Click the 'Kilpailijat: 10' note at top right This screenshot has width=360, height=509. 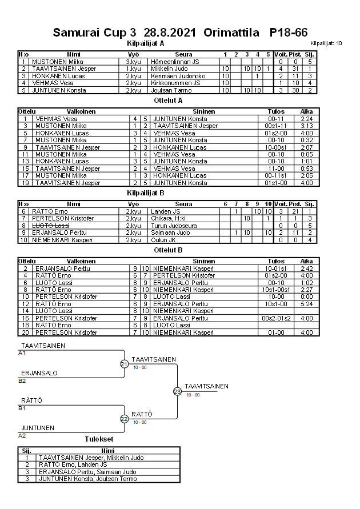pyautogui.click(x=326, y=43)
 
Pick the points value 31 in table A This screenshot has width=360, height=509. pyautogui.click(x=295, y=69)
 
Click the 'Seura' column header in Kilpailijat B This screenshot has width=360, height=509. pyautogui.click(x=183, y=203)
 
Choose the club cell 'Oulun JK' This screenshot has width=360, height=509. pyautogui.click(x=166, y=240)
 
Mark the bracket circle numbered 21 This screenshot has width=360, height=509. pyautogui.click(x=124, y=364)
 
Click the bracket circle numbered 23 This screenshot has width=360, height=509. pyautogui.click(x=177, y=391)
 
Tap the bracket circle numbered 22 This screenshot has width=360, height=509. pyautogui.click(x=124, y=419)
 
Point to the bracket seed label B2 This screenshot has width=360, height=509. pyautogui.click(x=22, y=380)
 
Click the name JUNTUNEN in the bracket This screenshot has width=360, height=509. pyautogui.click(x=38, y=428)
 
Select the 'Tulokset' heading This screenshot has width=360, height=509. pyautogui.click(x=99, y=439)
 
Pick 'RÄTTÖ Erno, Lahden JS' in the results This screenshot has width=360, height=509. pyautogui.click(x=73, y=465)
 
